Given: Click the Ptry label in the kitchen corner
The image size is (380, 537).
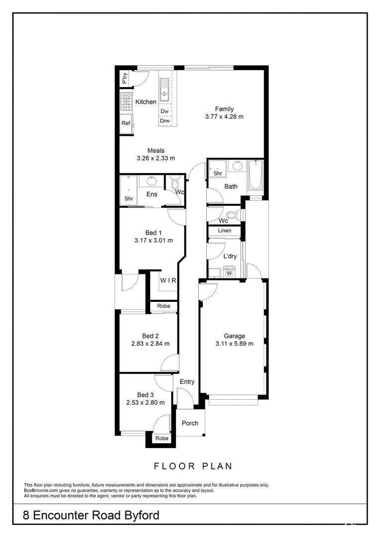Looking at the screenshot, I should (x=125, y=78).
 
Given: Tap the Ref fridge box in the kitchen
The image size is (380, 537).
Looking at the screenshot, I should (x=126, y=123).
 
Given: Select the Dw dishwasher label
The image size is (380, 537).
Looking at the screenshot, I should (x=165, y=111).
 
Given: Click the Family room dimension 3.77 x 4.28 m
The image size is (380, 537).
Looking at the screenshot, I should (x=224, y=117).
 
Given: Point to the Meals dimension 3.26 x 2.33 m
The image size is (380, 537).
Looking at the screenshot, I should (x=156, y=158).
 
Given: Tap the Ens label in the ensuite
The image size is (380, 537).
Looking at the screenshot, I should (x=152, y=194).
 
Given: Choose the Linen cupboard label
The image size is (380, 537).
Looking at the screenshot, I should (x=224, y=231).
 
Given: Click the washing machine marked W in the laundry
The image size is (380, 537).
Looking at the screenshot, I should (x=229, y=273).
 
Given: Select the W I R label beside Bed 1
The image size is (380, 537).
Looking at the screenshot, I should (x=168, y=280).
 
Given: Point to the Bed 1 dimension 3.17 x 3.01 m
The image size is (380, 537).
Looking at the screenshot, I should (x=153, y=241).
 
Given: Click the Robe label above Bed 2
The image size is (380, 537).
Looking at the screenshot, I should (x=163, y=306).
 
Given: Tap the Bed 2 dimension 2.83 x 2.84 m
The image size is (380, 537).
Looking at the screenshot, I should (x=150, y=344).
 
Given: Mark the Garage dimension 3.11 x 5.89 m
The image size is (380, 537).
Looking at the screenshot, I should (x=234, y=344).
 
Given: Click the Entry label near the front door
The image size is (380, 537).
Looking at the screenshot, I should (x=187, y=382).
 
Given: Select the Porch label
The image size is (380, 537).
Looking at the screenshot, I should (x=190, y=423).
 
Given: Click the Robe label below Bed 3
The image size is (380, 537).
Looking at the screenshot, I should (x=162, y=439).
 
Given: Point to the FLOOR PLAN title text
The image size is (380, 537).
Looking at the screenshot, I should (x=192, y=466).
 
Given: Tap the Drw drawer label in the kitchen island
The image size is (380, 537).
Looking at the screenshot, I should (x=165, y=121).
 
